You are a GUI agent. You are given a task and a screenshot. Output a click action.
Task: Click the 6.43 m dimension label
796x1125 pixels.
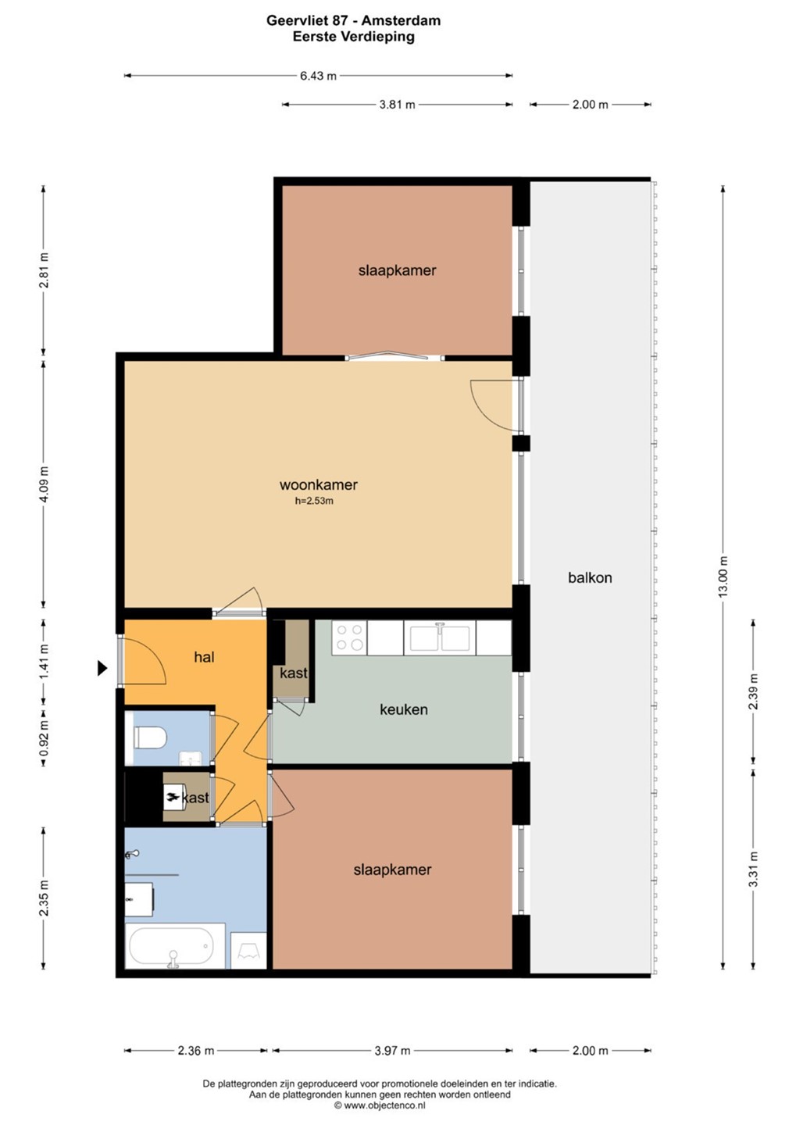(319, 76)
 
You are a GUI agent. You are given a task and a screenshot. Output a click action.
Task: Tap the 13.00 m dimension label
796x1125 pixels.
(723, 577)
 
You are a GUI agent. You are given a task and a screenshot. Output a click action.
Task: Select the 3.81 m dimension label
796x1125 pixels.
(397, 105)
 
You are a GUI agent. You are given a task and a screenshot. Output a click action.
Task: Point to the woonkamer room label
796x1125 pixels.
(319, 484)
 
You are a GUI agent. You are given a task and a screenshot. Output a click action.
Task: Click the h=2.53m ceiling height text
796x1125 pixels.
(314, 501)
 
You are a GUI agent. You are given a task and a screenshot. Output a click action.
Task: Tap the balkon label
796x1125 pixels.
(590, 577)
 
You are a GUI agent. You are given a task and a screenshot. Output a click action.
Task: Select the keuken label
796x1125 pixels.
(404, 709)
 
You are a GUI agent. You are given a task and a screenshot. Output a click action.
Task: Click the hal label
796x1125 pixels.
(205, 657)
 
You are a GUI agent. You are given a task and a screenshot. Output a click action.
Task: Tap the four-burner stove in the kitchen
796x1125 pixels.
(349, 637)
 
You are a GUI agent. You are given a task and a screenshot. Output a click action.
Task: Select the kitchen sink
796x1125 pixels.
(440, 637)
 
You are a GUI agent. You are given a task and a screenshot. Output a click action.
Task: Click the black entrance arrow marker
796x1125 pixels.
(102, 668)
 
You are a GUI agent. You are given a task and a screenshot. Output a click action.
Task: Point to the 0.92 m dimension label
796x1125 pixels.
(44, 738)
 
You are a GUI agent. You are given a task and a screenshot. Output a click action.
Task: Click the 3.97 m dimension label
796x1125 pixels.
(392, 1051)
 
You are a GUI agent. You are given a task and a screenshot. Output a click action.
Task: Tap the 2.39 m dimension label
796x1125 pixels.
(753, 691)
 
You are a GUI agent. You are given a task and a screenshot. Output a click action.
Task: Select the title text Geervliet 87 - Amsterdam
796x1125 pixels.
(354, 20)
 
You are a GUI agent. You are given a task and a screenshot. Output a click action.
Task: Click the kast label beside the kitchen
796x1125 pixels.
(293, 673)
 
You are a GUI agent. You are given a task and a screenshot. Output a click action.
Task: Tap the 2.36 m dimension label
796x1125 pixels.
(196, 1051)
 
